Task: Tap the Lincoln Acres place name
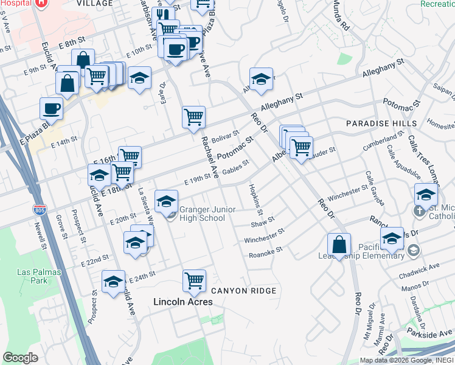183,302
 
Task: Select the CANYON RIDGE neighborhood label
243,291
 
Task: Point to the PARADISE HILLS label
381,123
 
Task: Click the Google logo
20,358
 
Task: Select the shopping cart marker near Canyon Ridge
194,281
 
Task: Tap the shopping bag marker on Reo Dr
339,245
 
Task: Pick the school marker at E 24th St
113,282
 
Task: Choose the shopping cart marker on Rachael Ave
193,117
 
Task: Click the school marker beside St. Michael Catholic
426,195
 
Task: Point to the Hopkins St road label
255,200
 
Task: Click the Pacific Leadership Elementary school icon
414,250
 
